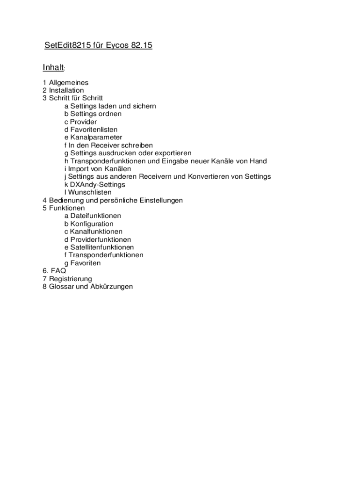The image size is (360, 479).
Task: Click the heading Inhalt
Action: [x=53, y=68]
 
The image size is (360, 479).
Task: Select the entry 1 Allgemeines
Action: [x=65, y=83]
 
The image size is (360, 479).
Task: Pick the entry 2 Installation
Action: [x=63, y=90]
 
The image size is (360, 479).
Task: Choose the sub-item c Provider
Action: [x=80, y=122]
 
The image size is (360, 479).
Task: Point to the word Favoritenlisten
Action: [x=94, y=130]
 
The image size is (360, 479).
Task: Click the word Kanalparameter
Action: [x=96, y=138]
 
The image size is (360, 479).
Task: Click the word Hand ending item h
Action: [x=258, y=161]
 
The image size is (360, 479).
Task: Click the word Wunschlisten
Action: [x=91, y=192]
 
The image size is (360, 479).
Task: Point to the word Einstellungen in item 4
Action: [x=159, y=200]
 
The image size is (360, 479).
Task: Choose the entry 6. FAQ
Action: [x=54, y=271]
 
